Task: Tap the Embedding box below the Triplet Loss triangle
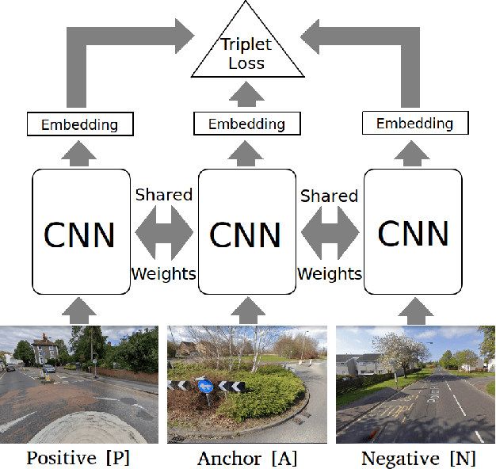tap(247, 124)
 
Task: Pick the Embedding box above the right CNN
tap(414, 124)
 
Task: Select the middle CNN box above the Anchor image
tap(246, 231)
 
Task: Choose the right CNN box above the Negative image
tap(414, 231)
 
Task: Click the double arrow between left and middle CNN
tap(163, 234)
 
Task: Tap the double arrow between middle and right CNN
tap(330, 234)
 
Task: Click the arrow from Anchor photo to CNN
tap(246, 309)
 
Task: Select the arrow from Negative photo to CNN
tap(414, 309)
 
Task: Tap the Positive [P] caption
tap(78, 458)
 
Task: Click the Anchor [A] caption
tap(246, 458)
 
